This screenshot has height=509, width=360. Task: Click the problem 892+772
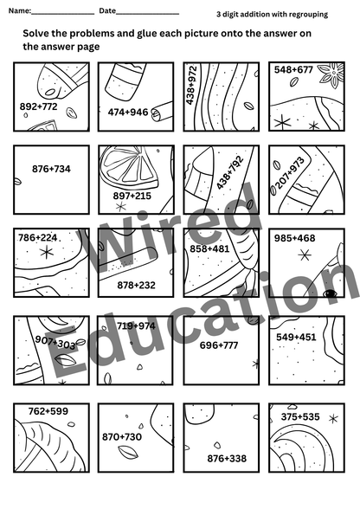(38, 106)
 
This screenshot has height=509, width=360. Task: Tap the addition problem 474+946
(128, 113)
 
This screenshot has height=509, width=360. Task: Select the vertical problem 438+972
(191, 86)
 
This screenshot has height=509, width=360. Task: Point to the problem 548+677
(293, 70)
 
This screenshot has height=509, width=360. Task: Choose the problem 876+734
(51, 169)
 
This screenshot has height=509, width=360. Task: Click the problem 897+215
(132, 196)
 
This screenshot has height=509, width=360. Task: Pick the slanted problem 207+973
(289, 173)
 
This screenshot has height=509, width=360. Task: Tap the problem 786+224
(38, 237)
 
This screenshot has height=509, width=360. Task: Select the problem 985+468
(295, 238)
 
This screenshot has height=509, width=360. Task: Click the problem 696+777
(219, 345)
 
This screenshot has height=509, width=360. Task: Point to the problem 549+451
(296, 338)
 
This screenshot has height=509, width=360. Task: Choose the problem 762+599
(48, 411)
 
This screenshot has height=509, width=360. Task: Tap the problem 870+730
(122, 437)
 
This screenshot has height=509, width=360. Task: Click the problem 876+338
(227, 459)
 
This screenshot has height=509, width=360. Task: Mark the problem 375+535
(300, 417)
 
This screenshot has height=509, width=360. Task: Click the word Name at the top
(19, 10)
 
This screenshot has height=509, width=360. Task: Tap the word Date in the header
(107, 10)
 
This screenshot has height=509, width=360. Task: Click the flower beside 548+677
(331, 75)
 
